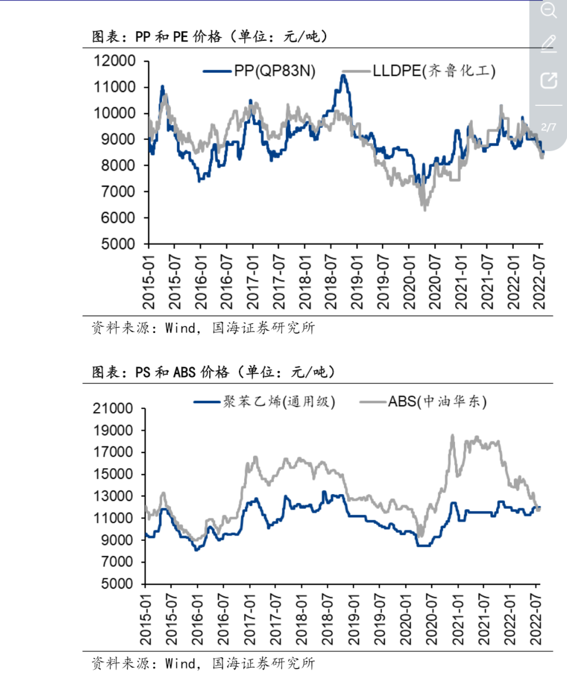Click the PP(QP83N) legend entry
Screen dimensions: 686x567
pyautogui.click(x=259, y=71)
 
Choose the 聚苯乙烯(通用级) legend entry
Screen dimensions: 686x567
pyautogui.click(x=264, y=402)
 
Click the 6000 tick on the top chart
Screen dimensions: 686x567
pyautogui.click(x=119, y=218)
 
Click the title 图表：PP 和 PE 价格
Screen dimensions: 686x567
pyautogui.click(x=210, y=37)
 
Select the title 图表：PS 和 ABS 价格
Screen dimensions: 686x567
pyautogui.click(x=213, y=372)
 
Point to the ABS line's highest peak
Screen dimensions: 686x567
pyautogui.click(x=452, y=435)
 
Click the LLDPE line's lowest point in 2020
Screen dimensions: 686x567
pyautogui.click(x=424, y=208)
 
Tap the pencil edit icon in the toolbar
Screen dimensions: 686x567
pyautogui.click(x=548, y=44)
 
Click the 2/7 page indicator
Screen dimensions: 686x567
pyautogui.click(x=548, y=127)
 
